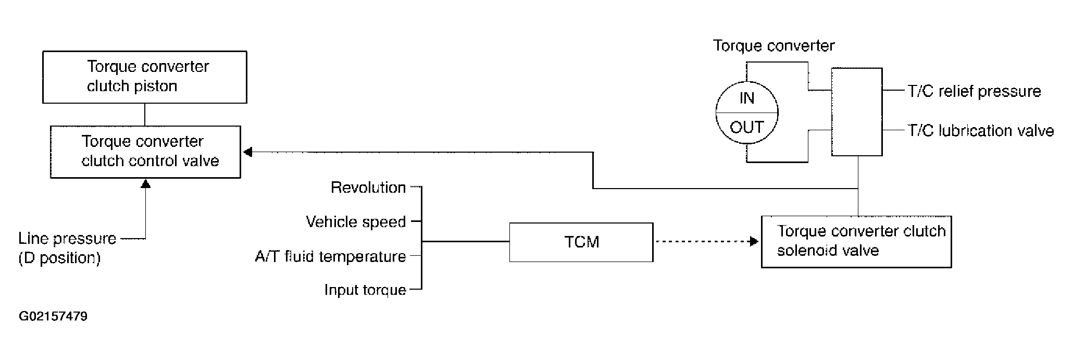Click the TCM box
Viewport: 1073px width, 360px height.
[x=581, y=242]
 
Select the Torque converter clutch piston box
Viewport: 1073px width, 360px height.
[x=144, y=77]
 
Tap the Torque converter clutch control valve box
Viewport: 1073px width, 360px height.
[x=145, y=152]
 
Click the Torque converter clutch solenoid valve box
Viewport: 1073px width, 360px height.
[x=856, y=242]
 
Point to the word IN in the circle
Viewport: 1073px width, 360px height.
[x=746, y=98]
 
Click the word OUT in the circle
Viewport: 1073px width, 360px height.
[x=747, y=127]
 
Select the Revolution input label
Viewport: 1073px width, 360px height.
[x=368, y=188]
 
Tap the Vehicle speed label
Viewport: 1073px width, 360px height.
[x=356, y=222]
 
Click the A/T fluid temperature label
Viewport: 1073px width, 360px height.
[x=330, y=256]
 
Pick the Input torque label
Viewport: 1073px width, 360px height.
[x=365, y=290]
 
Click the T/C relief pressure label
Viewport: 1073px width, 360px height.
[x=974, y=91]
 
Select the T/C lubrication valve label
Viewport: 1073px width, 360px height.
[x=981, y=130]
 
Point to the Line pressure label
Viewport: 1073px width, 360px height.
[x=67, y=239]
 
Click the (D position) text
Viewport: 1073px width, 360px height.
[x=59, y=258]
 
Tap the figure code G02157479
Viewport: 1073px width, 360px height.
[x=53, y=316]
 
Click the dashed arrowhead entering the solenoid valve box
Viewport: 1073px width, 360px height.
[x=754, y=242]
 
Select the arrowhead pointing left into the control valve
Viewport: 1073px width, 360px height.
[x=248, y=152]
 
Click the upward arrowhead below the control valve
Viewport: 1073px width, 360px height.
[x=146, y=183]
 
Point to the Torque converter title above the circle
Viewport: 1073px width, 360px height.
[x=773, y=46]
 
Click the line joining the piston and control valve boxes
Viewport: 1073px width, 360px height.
[x=145, y=115]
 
